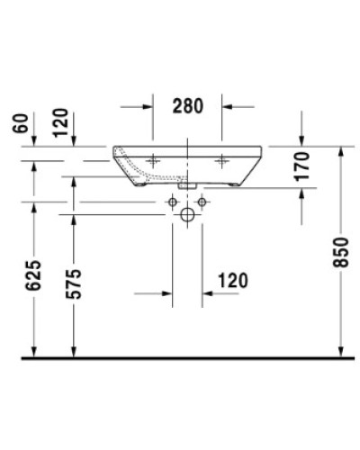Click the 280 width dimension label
(x=187, y=106)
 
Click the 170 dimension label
(x=302, y=167)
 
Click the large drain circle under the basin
(x=186, y=216)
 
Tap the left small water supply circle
(x=171, y=202)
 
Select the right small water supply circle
(x=202, y=202)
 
